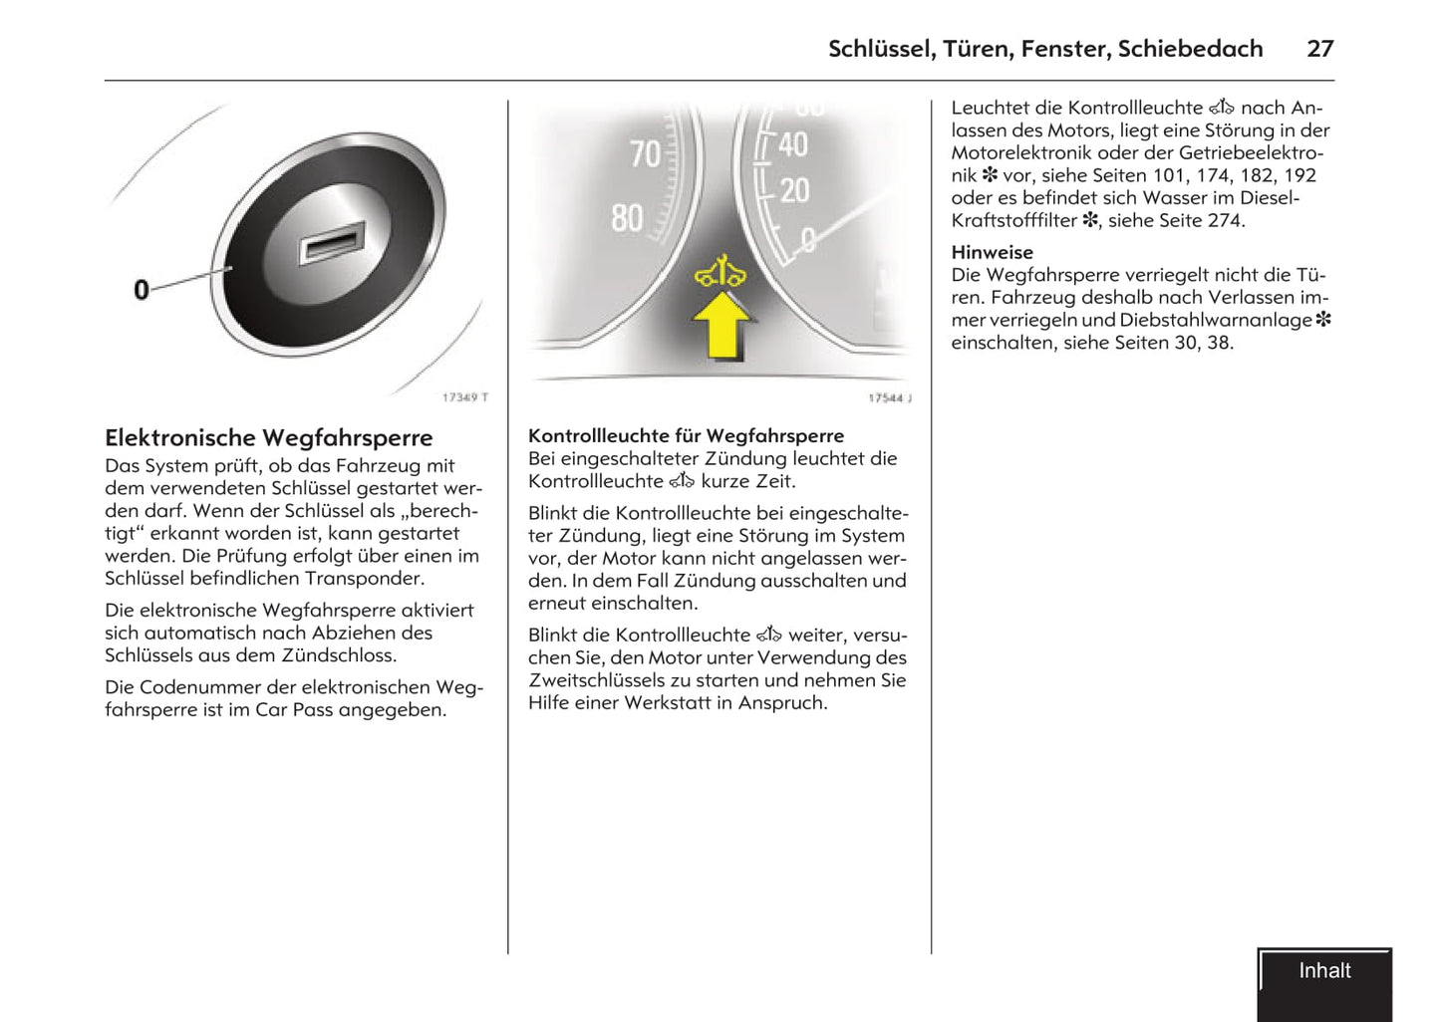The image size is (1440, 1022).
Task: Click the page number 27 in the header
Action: click(x=1319, y=49)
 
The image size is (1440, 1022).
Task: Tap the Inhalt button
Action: click(x=1324, y=972)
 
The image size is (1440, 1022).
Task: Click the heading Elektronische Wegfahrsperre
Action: click(x=268, y=438)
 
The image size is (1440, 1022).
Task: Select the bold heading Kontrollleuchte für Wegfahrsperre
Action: click(x=686, y=435)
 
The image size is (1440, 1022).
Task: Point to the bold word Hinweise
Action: click(x=992, y=252)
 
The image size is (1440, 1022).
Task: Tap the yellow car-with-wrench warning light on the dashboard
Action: click(x=720, y=272)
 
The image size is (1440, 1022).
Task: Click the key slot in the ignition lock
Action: click(x=332, y=243)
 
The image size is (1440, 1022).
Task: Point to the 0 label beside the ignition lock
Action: click(x=142, y=290)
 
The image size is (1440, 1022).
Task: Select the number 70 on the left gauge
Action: click(x=646, y=154)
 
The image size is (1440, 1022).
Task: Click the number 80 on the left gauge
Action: click(x=628, y=218)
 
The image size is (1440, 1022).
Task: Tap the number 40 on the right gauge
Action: click(x=793, y=145)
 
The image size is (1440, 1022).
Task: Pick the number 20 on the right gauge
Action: click(x=794, y=190)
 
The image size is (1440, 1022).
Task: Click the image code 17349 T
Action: click(x=465, y=397)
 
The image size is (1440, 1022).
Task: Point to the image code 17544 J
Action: click(x=889, y=398)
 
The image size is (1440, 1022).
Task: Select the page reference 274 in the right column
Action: click(x=1225, y=221)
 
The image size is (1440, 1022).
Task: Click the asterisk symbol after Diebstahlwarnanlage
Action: click(x=1323, y=320)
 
